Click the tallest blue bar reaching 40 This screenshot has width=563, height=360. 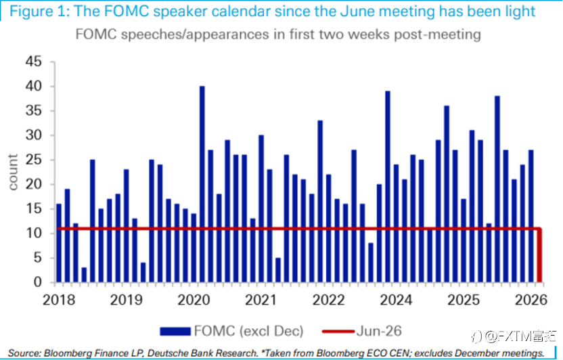pyautogui.click(x=202, y=184)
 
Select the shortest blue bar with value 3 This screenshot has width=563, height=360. pyautogui.click(x=84, y=275)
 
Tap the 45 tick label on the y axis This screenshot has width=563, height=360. pyautogui.click(x=33, y=62)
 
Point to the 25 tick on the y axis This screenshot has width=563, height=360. pyautogui.click(x=33, y=160)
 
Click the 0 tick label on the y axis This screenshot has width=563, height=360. pyautogui.click(x=38, y=282)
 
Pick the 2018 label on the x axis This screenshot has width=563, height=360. pyautogui.click(x=59, y=300)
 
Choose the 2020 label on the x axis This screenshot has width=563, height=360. pyautogui.click(x=194, y=300)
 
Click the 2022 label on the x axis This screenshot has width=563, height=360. pyautogui.click(x=329, y=300)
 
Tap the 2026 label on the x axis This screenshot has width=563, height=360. pyautogui.click(x=531, y=300)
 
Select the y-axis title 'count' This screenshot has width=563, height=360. pyautogui.click(x=13, y=173)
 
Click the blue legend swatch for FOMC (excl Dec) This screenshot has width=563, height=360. pyautogui.click(x=175, y=332)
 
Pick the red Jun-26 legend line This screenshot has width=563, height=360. pyautogui.click(x=338, y=332)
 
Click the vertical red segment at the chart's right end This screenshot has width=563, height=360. pyautogui.click(x=540, y=255)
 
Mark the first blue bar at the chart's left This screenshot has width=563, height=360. pyautogui.click(x=59, y=243)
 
